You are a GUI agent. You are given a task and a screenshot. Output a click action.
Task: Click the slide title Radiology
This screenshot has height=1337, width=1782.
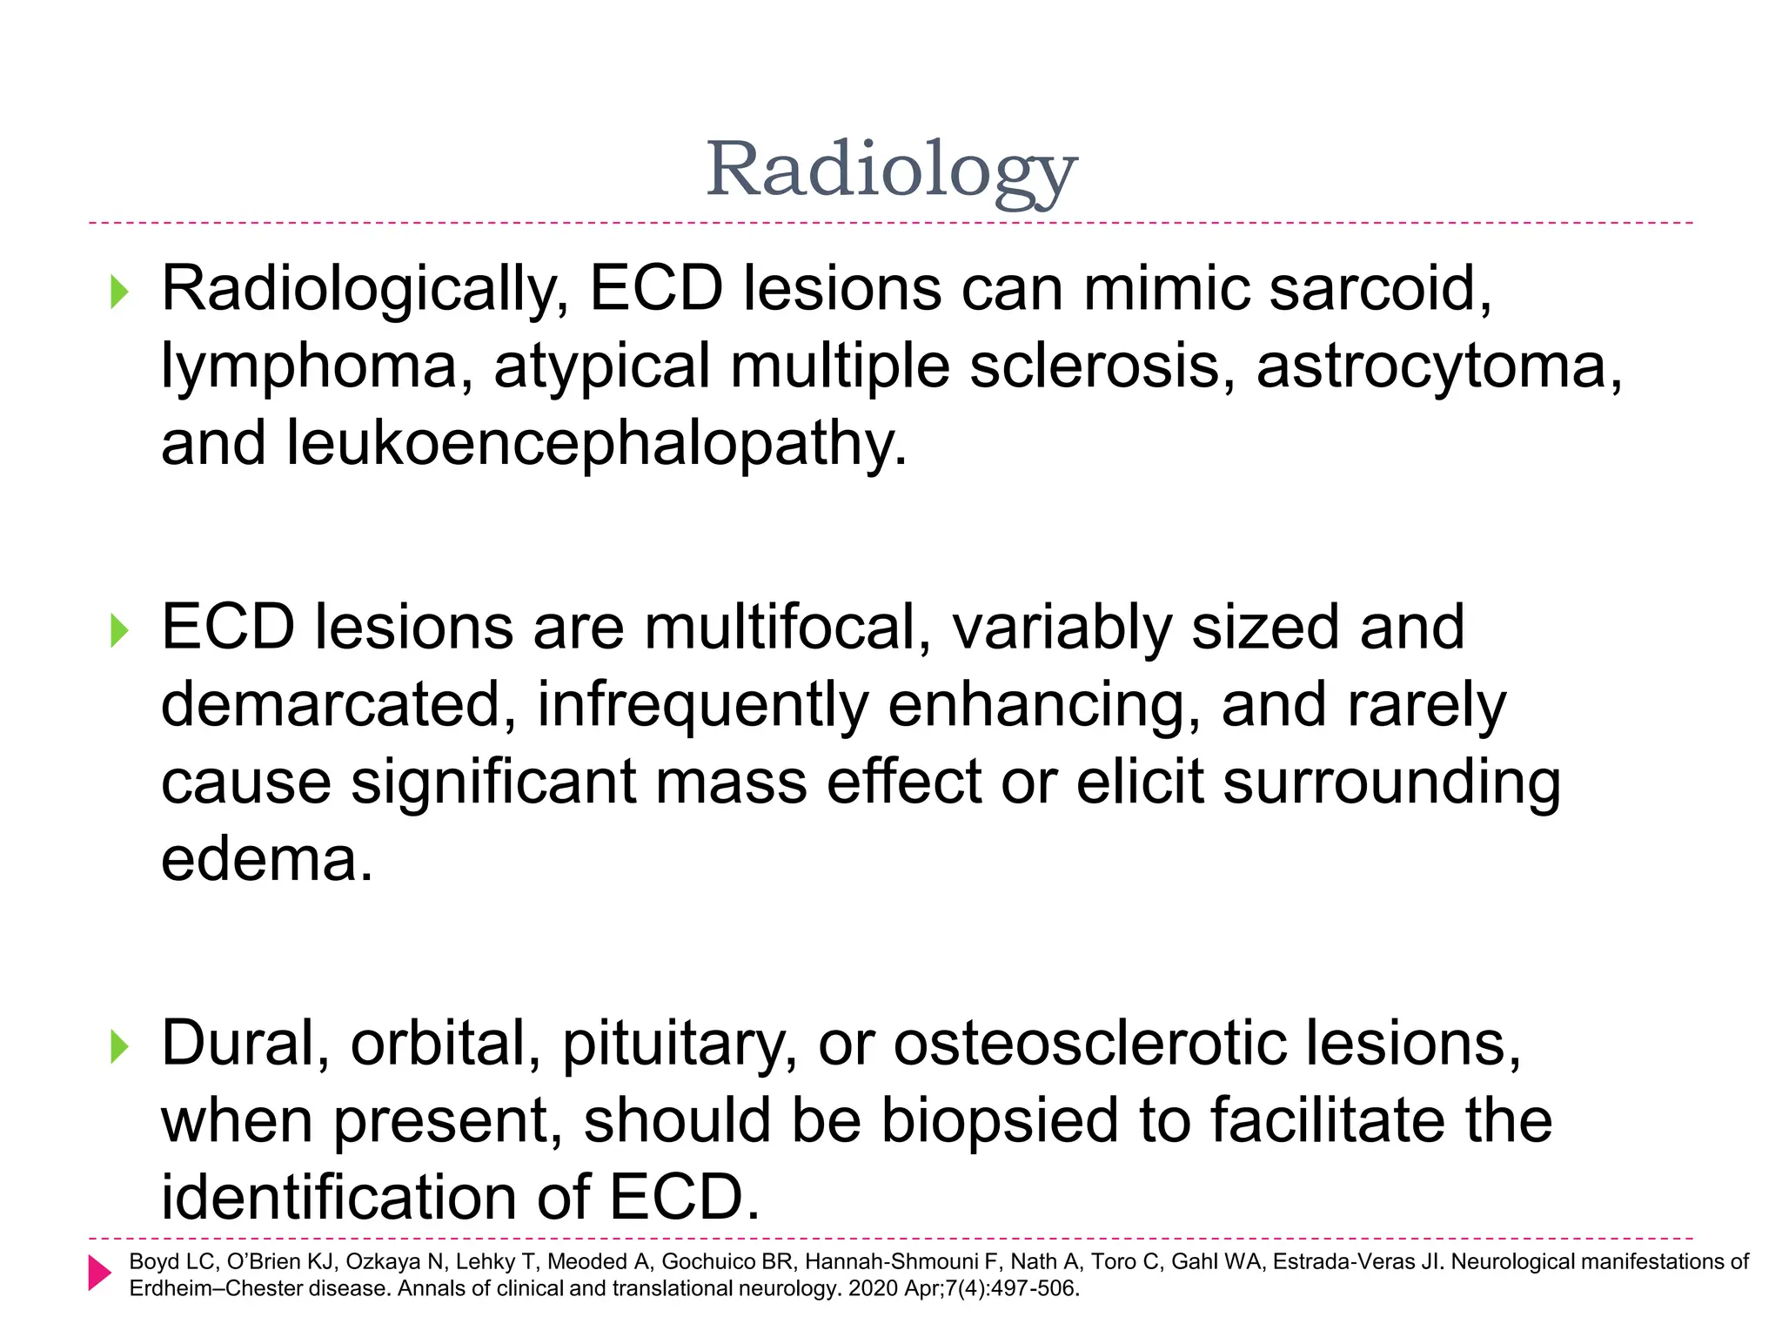891,170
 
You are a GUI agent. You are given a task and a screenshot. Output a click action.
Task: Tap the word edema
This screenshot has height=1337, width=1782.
265,859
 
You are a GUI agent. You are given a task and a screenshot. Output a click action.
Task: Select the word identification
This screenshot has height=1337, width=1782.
338,1197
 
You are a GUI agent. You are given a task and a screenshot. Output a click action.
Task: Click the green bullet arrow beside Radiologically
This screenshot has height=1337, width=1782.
119,292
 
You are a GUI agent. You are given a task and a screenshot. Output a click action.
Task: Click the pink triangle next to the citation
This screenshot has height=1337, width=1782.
99,1273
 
